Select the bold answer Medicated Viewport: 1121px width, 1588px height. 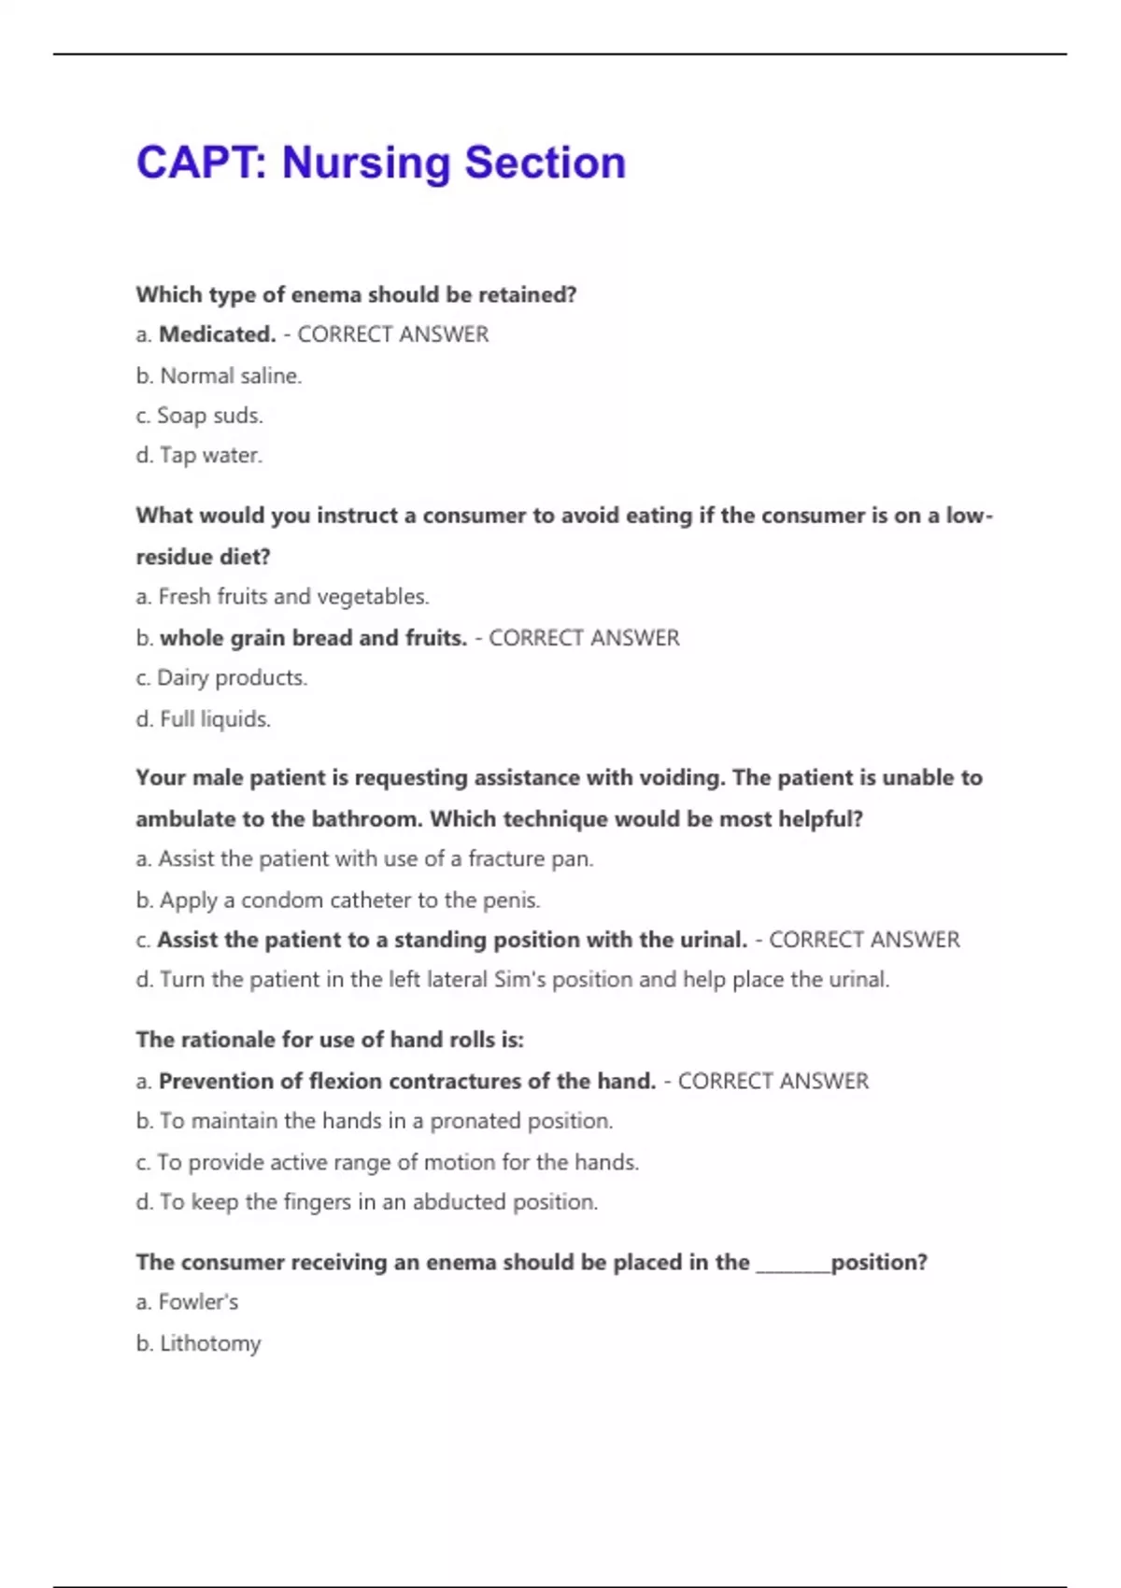click(217, 334)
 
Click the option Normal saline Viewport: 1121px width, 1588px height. click(231, 376)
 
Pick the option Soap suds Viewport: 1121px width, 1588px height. click(210, 416)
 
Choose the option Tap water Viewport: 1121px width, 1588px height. click(211, 456)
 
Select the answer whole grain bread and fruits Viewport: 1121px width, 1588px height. click(313, 638)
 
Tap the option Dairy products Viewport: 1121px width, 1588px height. click(232, 678)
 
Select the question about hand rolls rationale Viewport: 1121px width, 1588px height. click(330, 1040)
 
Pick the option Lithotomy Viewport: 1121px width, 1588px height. click(210, 1343)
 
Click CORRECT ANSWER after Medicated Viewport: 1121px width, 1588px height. click(392, 334)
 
